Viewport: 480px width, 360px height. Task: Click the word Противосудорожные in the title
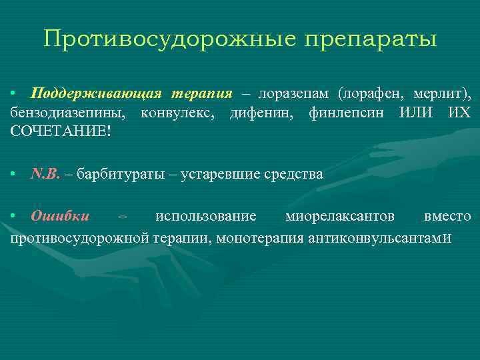point(169,39)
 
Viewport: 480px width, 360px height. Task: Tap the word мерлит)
point(445,92)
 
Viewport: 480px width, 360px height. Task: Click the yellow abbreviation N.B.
point(45,175)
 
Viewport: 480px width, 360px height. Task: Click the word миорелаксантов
point(339,217)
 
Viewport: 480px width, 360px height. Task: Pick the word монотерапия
point(265,237)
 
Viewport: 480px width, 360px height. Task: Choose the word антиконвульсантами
point(379,237)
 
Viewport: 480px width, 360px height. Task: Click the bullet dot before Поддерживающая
point(13,92)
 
